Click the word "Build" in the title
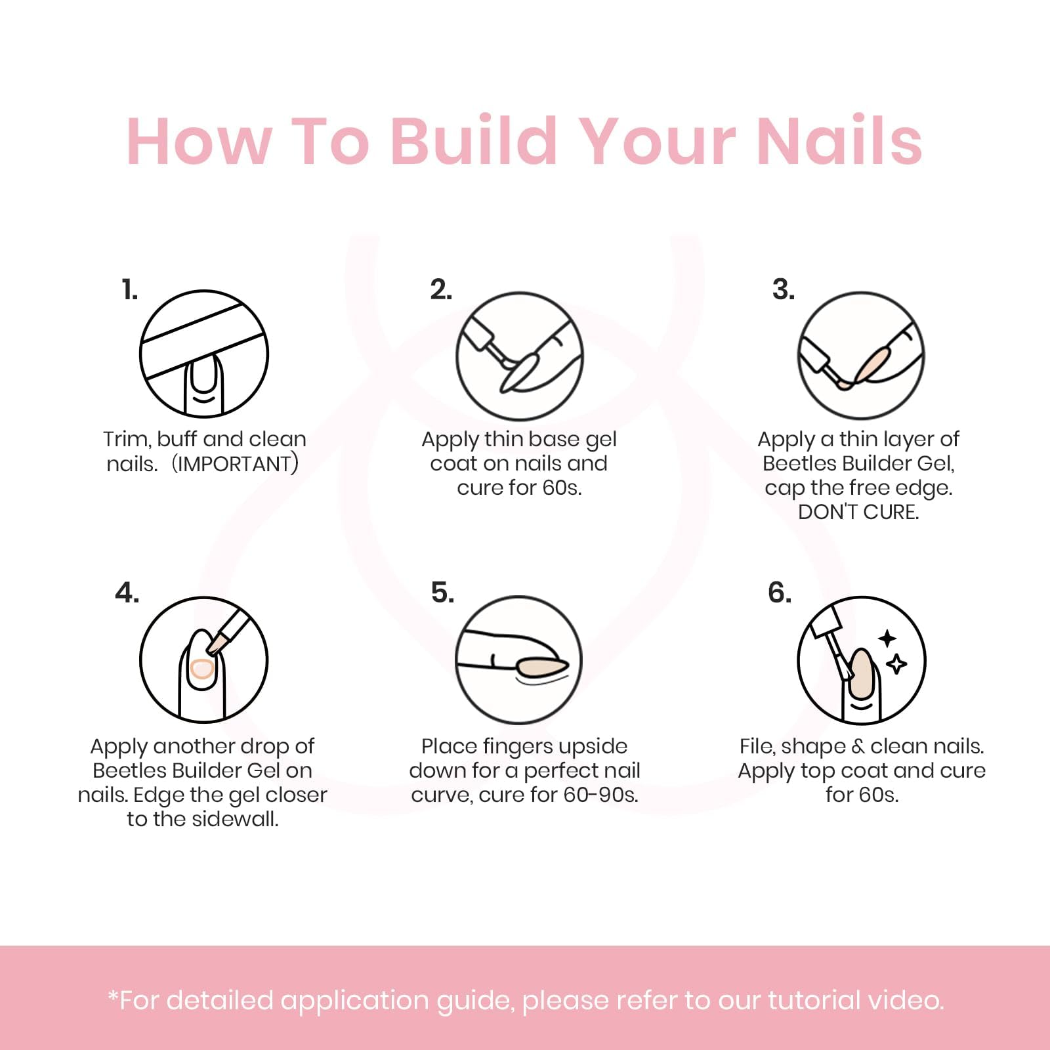pyautogui.click(x=474, y=140)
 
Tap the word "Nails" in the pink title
pyautogui.click(x=839, y=140)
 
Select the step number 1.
pyautogui.click(x=130, y=289)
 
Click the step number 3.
pyautogui.click(x=783, y=289)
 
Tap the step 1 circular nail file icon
pyautogui.click(x=204, y=354)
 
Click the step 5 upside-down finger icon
pyautogui.click(x=519, y=660)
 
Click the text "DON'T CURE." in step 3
pyautogui.click(x=858, y=512)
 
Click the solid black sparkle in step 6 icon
pyautogui.click(x=887, y=638)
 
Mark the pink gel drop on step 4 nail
pyautogui.click(x=201, y=669)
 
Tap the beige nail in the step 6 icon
pyautogui.click(x=862, y=676)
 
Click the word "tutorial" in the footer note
pyautogui.click(x=814, y=1000)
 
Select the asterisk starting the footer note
pyautogui.click(x=113, y=997)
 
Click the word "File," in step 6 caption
pyautogui.click(x=757, y=747)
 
